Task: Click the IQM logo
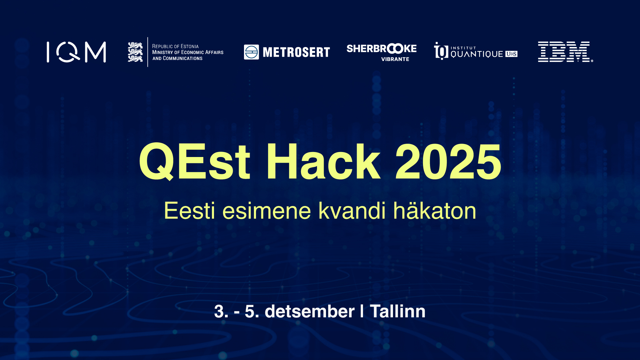click(76, 52)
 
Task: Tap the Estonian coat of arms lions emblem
click(135, 52)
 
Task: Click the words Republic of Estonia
click(175, 46)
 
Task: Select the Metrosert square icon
click(251, 52)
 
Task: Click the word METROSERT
click(296, 52)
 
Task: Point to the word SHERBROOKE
click(382, 49)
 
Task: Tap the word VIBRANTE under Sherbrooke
click(395, 59)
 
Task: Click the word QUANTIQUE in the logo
click(477, 54)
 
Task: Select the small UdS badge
click(511, 54)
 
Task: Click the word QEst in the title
click(194, 162)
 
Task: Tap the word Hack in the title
click(323, 161)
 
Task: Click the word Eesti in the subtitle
click(189, 211)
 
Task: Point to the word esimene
click(267, 211)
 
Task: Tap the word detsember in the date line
click(310, 311)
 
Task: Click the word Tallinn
click(398, 311)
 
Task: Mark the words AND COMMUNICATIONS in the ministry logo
click(177, 58)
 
